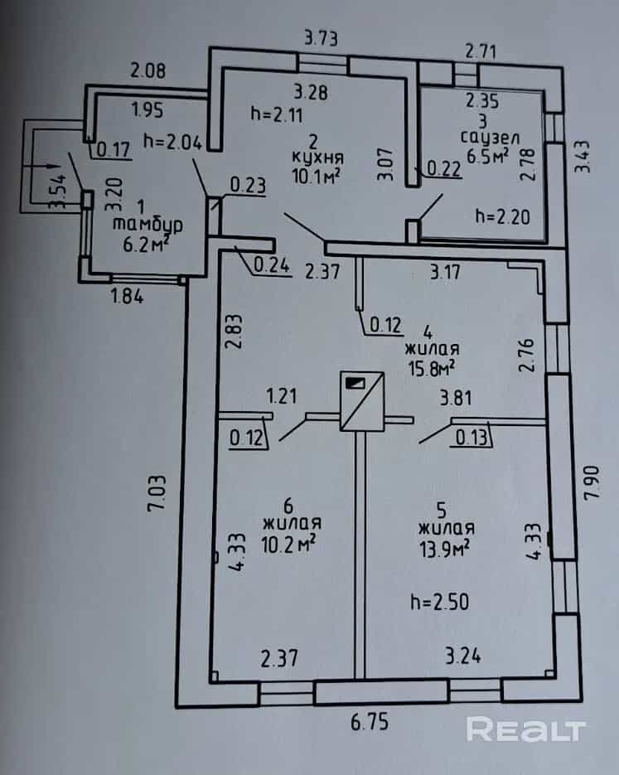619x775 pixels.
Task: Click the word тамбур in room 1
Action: (x=147, y=225)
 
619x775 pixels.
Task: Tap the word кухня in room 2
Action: (x=317, y=158)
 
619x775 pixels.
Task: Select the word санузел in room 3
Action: (x=490, y=138)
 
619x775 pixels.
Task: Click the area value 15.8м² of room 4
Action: (x=432, y=368)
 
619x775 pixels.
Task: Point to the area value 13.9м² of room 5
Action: (x=443, y=548)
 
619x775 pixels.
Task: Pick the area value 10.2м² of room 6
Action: (x=288, y=544)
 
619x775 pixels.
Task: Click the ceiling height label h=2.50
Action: (x=440, y=602)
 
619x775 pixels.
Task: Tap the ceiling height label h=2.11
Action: (x=277, y=114)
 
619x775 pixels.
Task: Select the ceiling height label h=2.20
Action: (x=502, y=216)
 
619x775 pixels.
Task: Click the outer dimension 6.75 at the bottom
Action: (x=370, y=722)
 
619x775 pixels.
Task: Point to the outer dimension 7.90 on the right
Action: (x=592, y=482)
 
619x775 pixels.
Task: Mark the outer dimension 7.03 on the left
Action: (x=157, y=493)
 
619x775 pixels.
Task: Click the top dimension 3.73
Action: (x=322, y=38)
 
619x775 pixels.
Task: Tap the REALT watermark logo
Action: (x=526, y=729)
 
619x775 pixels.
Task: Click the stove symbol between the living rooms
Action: (x=362, y=401)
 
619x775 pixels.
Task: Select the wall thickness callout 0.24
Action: (x=271, y=265)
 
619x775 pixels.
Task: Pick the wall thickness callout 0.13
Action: (x=472, y=437)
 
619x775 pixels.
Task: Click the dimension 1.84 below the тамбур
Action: (x=127, y=296)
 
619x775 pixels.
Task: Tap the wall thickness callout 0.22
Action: (x=443, y=169)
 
